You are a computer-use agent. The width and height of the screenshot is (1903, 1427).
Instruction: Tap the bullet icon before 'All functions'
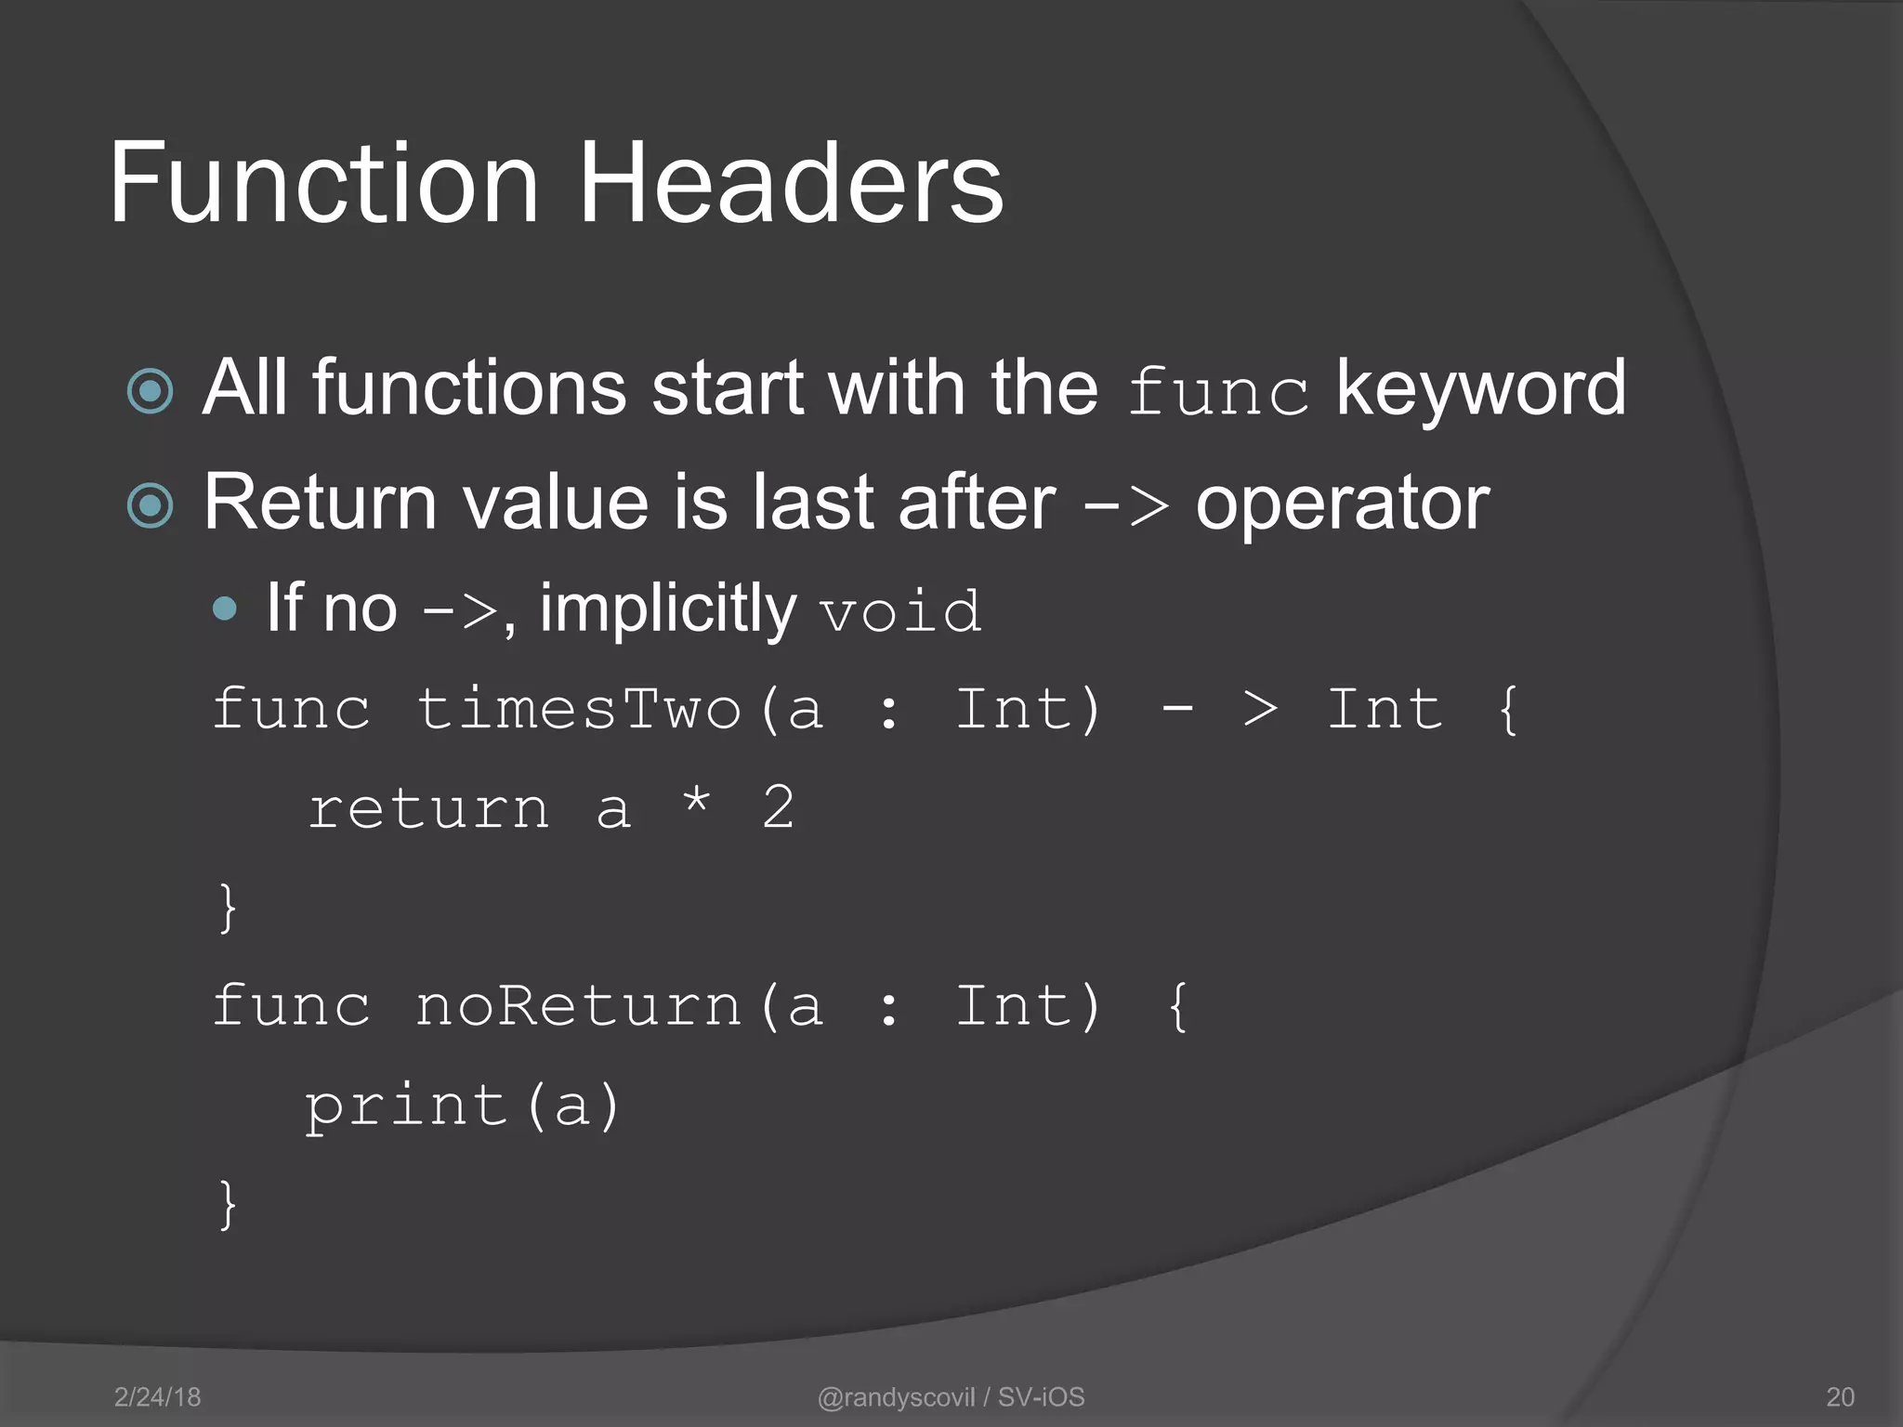(151, 391)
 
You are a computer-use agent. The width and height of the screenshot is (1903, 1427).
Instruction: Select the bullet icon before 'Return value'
(151, 506)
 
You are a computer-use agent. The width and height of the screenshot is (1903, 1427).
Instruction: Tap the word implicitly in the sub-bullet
(668, 609)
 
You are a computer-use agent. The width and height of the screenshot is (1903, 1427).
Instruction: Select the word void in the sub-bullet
(900, 612)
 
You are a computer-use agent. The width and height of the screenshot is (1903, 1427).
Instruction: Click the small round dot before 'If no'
(225, 609)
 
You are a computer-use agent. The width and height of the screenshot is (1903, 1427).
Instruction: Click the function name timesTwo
(578, 711)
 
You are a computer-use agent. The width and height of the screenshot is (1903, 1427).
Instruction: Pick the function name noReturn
(578, 1007)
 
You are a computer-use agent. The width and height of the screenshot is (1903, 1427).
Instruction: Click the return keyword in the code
(429, 809)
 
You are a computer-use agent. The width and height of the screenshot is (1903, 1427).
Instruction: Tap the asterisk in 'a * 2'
(697, 801)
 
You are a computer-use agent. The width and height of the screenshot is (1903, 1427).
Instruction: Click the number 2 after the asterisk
(779, 807)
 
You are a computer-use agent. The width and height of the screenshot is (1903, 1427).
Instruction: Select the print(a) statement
(463, 1106)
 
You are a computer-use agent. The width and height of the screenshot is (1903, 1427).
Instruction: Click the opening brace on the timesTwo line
(1508, 711)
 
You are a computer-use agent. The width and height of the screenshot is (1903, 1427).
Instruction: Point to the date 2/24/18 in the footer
(157, 1397)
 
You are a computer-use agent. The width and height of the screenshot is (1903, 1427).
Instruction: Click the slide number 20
(1840, 1397)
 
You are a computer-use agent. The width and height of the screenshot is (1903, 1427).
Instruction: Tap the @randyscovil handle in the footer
(896, 1397)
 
